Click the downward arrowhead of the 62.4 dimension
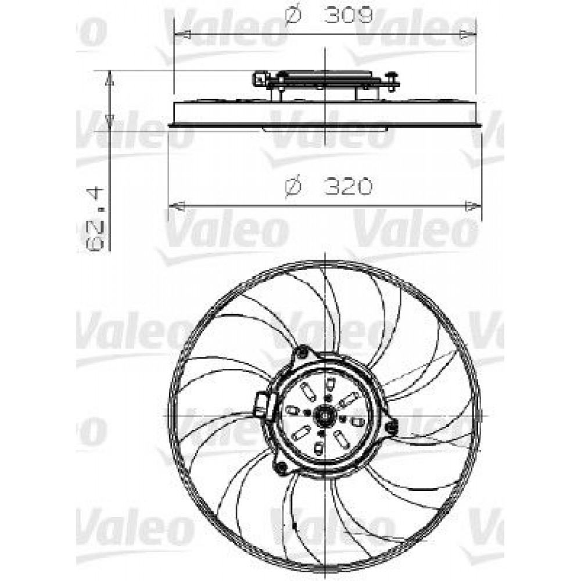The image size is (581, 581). tap(109, 122)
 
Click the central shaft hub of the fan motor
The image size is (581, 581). tap(323, 416)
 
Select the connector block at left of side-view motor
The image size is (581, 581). tap(259, 77)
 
